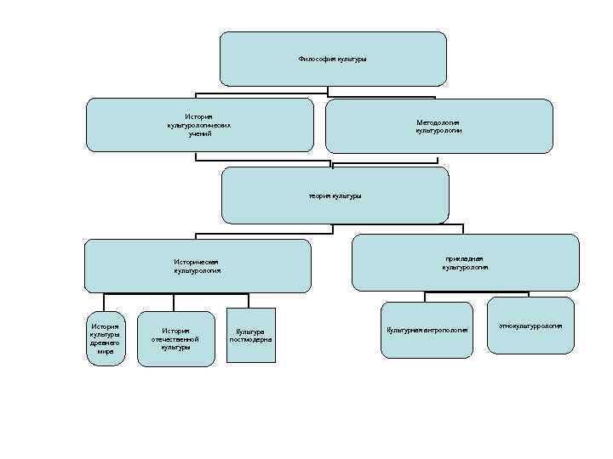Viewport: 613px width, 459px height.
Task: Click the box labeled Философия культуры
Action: (x=333, y=59)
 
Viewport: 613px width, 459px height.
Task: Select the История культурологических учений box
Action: (x=200, y=125)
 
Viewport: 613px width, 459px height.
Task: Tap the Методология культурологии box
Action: (x=438, y=127)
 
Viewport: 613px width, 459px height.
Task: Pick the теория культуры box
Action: (x=335, y=195)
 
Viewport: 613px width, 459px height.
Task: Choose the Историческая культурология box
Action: (x=198, y=265)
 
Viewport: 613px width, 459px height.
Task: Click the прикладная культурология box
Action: (x=465, y=263)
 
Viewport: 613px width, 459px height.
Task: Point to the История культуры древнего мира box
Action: (x=106, y=338)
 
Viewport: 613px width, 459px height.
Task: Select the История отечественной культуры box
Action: (x=176, y=338)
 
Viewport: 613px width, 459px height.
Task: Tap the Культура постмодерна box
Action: (x=250, y=335)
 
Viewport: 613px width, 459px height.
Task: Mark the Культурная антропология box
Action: (x=427, y=330)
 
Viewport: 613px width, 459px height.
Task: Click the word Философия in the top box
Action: (x=315, y=59)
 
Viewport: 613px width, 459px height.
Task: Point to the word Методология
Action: (x=438, y=122)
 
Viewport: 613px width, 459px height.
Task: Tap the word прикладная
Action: (x=465, y=258)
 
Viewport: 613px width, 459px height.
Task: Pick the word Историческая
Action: (x=198, y=261)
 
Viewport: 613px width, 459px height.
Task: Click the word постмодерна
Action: (x=250, y=339)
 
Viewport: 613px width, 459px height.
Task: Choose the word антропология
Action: (x=445, y=330)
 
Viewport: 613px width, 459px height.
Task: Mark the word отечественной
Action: (x=175, y=338)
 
